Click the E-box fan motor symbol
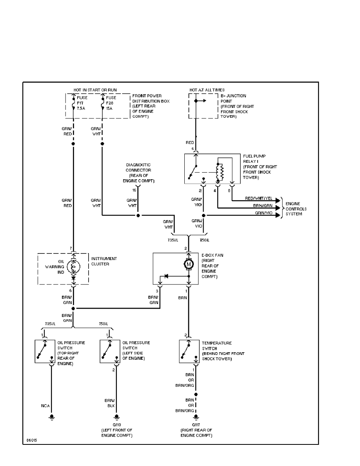(189, 265)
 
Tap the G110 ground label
(116, 425)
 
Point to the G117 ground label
(196, 425)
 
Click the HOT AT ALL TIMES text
(207, 90)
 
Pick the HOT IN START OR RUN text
(95, 90)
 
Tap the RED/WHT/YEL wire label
(258, 198)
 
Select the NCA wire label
(45, 406)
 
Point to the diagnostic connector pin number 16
(135, 190)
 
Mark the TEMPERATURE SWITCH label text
(217, 345)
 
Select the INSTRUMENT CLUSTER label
(104, 261)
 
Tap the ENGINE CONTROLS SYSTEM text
(296, 209)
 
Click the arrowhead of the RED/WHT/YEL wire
(279, 200)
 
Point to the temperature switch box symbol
(189, 351)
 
